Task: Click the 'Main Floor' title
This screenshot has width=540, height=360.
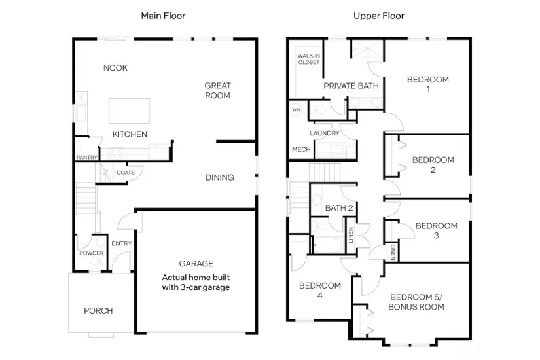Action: tap(163, 16)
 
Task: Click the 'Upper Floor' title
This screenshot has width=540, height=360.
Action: tap(379, 16)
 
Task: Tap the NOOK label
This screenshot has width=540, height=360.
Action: tap(115, 68)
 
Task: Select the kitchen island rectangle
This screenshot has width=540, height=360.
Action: tap(130, 111)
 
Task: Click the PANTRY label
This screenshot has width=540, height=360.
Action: tap(87, 158)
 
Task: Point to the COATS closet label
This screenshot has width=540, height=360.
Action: tap(126, 173)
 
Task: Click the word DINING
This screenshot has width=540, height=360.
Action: tap(220, 177)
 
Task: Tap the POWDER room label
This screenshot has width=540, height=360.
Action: tap(91, 253)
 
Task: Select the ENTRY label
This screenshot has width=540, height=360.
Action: tap(122, 243)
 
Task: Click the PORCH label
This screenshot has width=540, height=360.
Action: tap(98, 310)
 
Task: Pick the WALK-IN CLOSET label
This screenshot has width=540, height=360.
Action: tap(308, 59)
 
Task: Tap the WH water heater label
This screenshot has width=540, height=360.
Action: tap(296, 110)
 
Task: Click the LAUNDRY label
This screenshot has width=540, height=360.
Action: tap(325, 133)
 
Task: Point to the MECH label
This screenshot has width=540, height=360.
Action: tap(301, 149)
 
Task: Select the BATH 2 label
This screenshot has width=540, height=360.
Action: tap(339, 208)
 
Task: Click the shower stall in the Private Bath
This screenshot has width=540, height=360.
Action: tap(367, 49)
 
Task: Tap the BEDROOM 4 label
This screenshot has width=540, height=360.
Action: tap(320, 290)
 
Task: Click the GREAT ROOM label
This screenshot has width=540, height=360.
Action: tap(218, 90)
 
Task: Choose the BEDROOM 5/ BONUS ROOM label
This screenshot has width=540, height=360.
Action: tap(416, 302)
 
